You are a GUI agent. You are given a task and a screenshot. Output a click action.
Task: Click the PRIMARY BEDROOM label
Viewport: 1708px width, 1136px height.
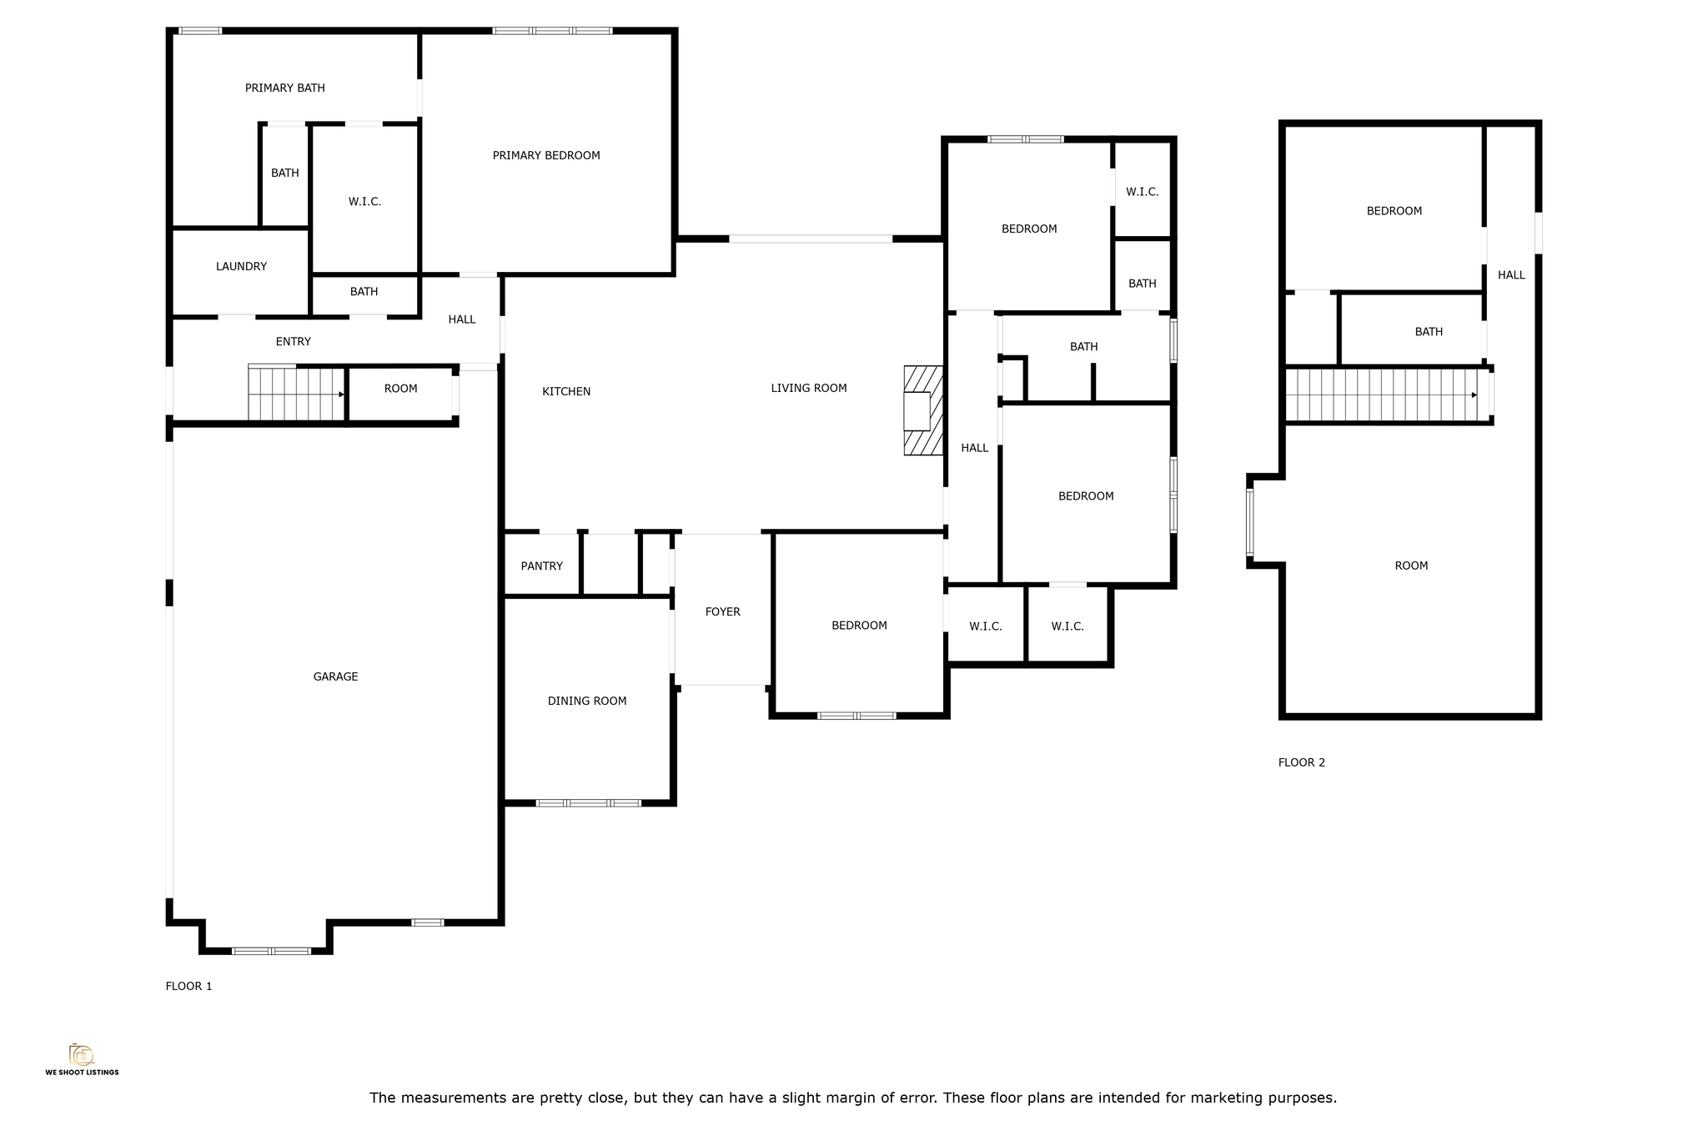tap(546, 155)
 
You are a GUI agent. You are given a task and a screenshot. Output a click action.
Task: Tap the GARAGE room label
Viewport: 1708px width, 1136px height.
tap(335, 676)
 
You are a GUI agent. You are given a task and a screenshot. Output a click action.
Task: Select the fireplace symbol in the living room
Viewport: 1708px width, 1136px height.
tap(923, 410)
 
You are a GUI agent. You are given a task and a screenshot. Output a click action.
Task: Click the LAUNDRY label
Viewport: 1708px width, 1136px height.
tap(241, 266)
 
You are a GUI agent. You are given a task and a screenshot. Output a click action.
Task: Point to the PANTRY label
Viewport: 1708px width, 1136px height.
tap(542, 565)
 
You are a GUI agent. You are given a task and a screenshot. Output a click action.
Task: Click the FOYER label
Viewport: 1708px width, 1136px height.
tap(722, 611)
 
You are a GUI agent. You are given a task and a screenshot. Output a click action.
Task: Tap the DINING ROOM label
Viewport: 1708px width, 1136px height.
tap(587, 701)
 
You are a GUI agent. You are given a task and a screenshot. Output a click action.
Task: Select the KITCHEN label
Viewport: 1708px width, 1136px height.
tap(566, 391)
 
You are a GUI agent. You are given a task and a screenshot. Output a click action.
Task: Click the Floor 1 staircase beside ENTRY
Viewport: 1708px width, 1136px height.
tap(297, 393)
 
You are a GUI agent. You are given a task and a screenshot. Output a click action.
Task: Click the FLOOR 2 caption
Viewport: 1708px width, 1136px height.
tap(1301, 762)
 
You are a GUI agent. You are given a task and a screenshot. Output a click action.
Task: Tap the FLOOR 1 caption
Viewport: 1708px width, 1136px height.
tap(188, 986)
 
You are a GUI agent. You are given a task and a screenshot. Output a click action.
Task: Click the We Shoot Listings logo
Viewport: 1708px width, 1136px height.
tap(82, 1059)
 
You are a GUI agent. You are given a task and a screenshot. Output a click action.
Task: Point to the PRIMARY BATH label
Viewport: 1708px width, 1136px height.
tap(285, 88)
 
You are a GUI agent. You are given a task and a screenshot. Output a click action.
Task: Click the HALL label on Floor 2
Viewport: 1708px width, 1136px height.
tap(1511, 274)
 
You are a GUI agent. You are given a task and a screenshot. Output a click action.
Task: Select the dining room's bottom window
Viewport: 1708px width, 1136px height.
tap(588, 802)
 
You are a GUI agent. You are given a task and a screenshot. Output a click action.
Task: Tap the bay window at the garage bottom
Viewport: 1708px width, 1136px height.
tap(271, 951)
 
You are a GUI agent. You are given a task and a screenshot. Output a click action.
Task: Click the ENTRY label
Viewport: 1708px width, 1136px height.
tap(294, 341)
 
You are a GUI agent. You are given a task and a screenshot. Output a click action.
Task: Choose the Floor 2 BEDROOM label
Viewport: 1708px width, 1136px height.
tap(1394, 211)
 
